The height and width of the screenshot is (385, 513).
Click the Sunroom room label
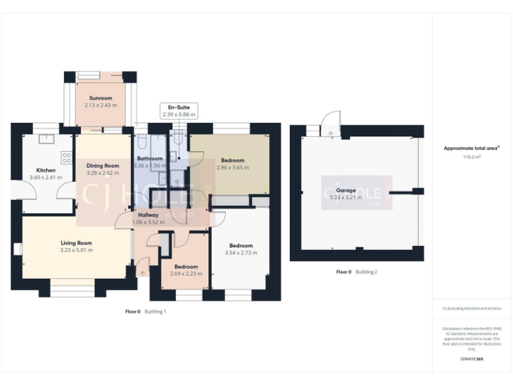(x=101, y=98)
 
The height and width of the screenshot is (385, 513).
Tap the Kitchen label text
(x=45, y=170)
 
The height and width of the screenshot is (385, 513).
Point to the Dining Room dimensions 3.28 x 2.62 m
(x=102, y=172)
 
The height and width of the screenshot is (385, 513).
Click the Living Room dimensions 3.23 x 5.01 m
(x=76, y=250)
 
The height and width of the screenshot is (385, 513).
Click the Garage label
(x=345, y=190)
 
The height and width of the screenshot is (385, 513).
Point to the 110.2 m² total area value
(x=472, y=156)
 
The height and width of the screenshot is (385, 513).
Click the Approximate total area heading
(x=472, y=148)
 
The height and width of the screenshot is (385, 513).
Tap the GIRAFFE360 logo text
(x=472, y=359)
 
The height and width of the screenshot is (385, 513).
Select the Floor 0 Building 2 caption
(x=357, y=272)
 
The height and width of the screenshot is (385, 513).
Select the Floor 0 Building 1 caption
(x=146, y=311)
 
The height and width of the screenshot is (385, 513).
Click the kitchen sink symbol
(x=46, y=140)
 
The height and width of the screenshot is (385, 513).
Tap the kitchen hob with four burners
(x=67, y=158)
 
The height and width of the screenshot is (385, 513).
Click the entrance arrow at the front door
(x=142, y=273)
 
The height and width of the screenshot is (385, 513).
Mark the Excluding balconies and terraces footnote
(x=472, y=308)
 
